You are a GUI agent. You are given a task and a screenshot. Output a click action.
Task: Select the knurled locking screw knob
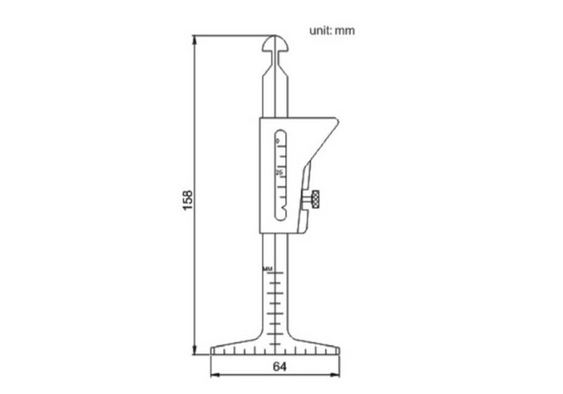pos(316,200)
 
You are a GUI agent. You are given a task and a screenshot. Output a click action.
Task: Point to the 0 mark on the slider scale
pos(277,141)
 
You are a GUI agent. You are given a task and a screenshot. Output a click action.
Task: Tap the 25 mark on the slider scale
pos(279,172)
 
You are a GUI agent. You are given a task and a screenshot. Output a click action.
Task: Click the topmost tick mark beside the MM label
pos(277,270)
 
